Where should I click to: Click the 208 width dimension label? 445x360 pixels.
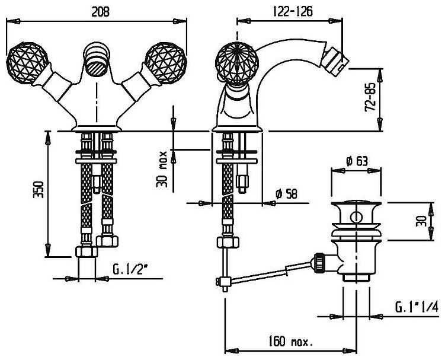100,12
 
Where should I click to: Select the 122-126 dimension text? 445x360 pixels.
293,11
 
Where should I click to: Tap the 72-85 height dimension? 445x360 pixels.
370,97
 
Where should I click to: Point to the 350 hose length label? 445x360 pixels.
38,190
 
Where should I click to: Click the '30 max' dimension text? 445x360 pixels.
162,169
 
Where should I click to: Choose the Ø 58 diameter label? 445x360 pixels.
287,195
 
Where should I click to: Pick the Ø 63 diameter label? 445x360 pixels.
357,161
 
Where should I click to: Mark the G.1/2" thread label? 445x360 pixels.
131,269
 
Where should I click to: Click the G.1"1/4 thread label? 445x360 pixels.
417,307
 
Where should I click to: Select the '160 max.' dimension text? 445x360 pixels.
291,341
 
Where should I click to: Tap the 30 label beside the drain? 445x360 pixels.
421,221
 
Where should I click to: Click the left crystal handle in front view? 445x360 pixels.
27,63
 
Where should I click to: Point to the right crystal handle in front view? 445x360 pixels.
166,63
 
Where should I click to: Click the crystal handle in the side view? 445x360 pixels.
237,63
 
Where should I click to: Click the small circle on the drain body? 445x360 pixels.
356,217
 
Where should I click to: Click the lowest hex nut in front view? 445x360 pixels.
87,252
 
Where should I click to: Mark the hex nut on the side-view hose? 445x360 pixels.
228,243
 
